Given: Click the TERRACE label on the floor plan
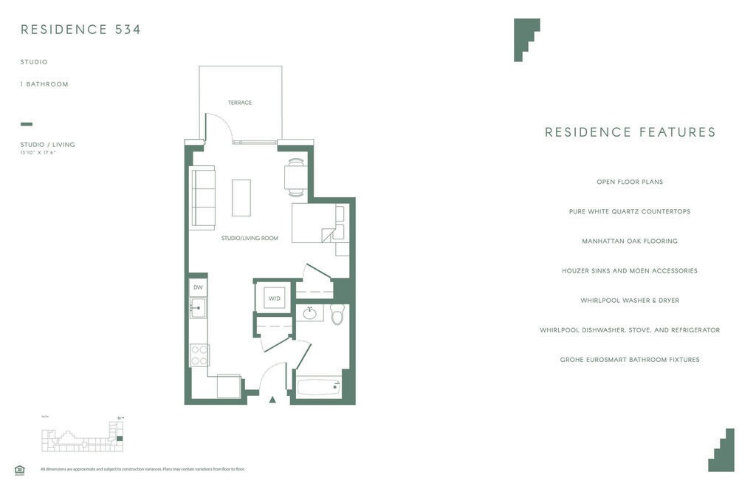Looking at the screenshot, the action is [x=240, y=103].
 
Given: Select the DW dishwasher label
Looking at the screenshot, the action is [x=198, y=287].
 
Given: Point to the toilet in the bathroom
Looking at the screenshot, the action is [x=337, y=314].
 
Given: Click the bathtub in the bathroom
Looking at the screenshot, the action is [x=318, y=386].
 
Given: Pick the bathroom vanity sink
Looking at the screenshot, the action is [x=309, y=313].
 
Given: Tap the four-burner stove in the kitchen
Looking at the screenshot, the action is [x=199, y=355].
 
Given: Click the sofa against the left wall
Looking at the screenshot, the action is [x=202, y=197].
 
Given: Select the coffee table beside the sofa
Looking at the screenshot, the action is [x=241, y=197].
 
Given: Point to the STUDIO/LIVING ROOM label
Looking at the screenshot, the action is [x=250, y=239].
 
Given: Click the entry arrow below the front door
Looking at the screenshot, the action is [x=272, y=400].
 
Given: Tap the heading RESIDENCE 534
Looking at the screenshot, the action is [x=81, y=30].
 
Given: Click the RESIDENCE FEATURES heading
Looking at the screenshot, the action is [x=630, y=132].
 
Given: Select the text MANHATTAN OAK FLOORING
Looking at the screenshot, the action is [x=630, y=242].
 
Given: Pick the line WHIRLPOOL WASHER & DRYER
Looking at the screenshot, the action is [x=630, y=301].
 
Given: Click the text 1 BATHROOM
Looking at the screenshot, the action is [x=44, y=84].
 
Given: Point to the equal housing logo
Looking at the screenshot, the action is [x=20, y=469].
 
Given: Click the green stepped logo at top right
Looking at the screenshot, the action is [x=526, y=39].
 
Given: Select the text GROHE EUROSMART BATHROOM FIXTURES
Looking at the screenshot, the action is [x=630, y=360].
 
